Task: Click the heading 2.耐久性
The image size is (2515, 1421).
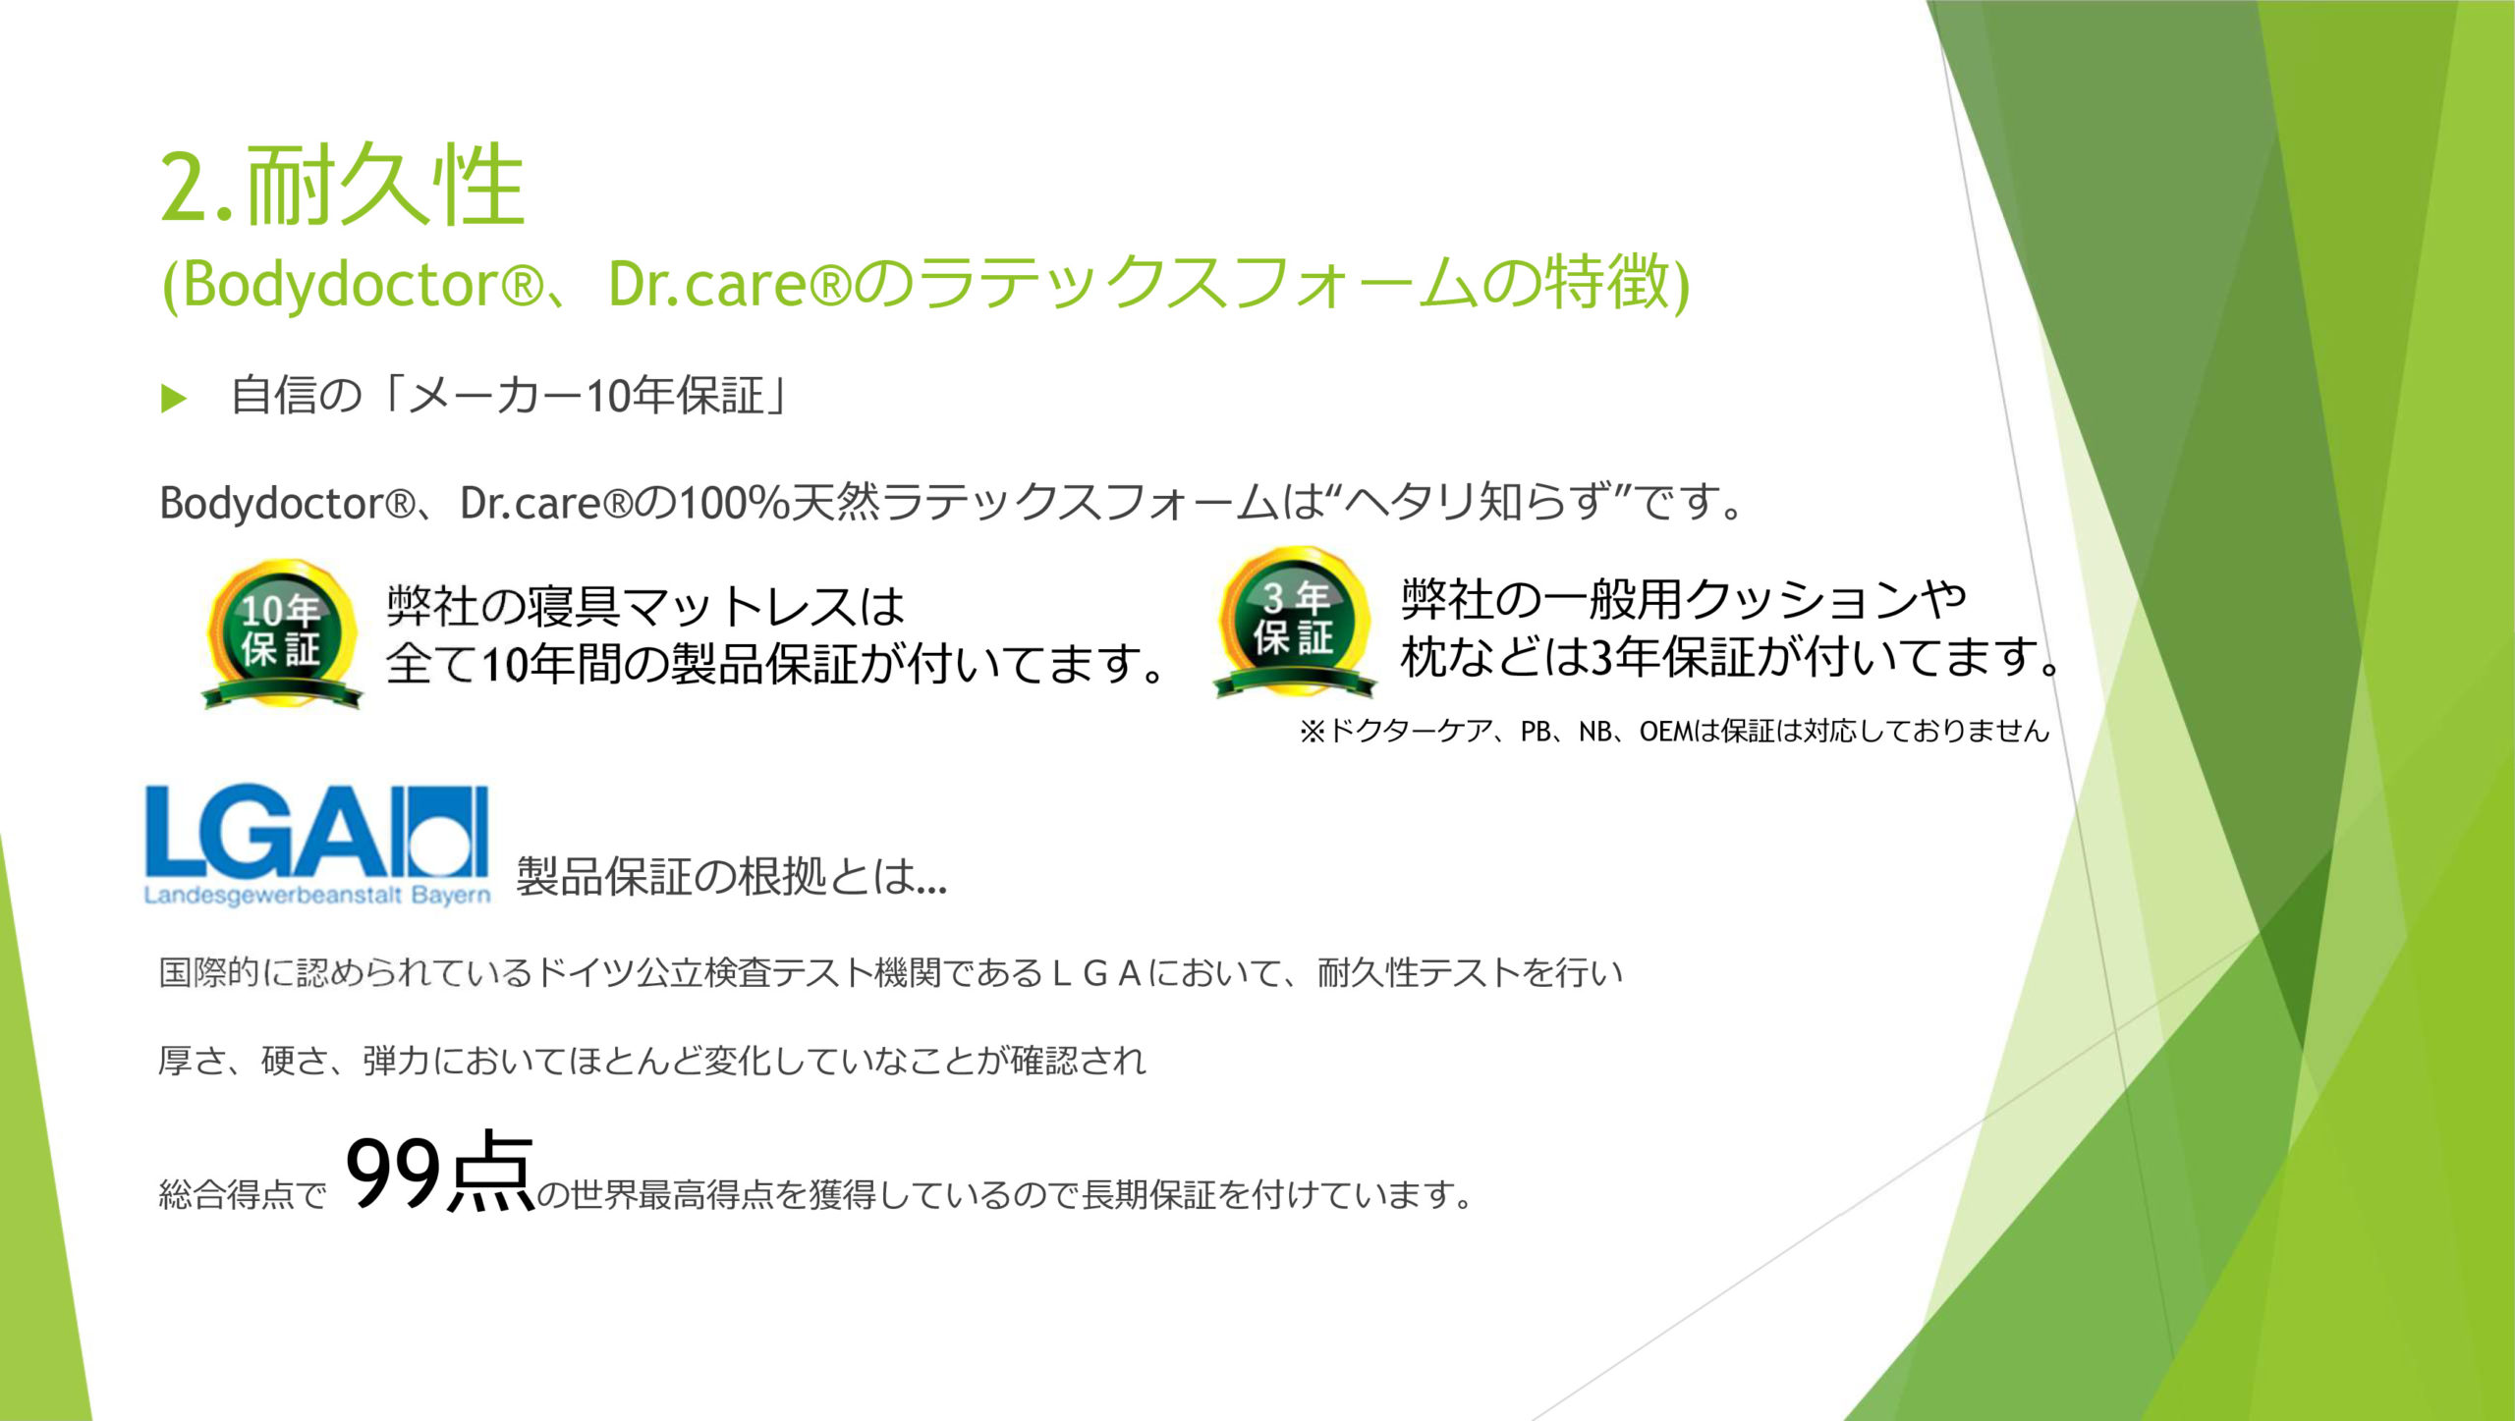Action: pos(343,185)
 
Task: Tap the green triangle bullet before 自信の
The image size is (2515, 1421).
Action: pos(174,399)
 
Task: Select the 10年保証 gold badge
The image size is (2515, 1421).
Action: pos(282,633)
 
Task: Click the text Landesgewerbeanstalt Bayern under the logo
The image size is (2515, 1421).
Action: pos(316,896)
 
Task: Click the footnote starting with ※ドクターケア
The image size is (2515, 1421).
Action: pos(1674,732)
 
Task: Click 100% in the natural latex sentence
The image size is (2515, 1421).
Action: pos(735,503)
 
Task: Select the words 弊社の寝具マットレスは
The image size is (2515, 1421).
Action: pos(645,606)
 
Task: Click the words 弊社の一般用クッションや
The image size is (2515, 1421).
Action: pos(1684,599)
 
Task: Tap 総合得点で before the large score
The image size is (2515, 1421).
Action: pos(243,1195)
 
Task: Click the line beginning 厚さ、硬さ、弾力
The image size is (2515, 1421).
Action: pos(652,1062)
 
